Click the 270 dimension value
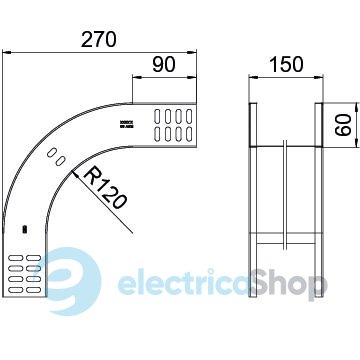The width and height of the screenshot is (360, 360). pos(99,39)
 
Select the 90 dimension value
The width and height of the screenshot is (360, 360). pos(164,65)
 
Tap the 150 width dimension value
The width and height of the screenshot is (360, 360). pos(286,64)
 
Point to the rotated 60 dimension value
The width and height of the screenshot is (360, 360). pos(344,125)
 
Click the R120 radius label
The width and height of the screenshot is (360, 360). pos(106,188)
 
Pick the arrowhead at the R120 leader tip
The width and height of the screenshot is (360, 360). pos(75,175)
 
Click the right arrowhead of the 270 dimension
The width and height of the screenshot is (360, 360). pos(192,52)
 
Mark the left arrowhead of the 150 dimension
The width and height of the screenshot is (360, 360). pos(254,77)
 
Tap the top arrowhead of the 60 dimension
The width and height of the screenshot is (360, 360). pos(357,108)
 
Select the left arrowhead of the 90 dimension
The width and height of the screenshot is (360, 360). pos(137,77)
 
